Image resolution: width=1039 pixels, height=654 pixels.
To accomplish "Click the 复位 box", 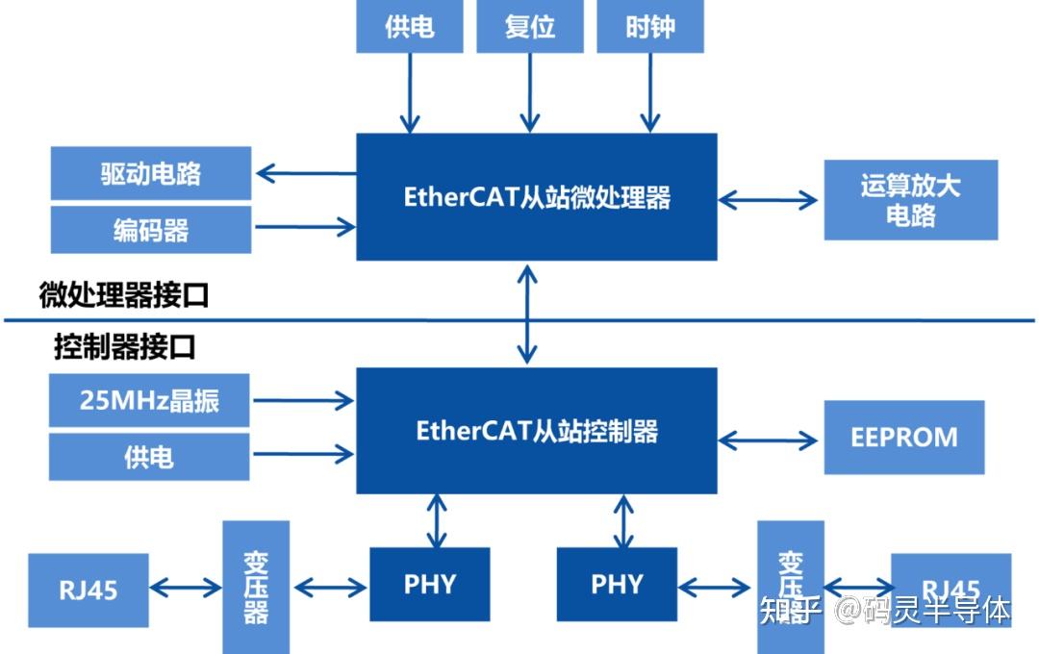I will coord(530,26).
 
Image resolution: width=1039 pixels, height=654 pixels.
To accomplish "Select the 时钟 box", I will coord(650,26).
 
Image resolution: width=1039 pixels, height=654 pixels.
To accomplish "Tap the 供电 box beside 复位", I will coord(410,26).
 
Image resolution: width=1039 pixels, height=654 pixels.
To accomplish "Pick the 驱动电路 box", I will coord(151,174).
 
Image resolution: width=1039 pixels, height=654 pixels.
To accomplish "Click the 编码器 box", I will coord(151,230).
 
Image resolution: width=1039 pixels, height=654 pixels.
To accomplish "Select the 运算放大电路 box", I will coord(910,200).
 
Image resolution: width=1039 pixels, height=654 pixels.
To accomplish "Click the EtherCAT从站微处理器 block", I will coord(537,197).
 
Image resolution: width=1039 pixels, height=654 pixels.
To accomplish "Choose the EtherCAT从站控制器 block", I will coord(537,430).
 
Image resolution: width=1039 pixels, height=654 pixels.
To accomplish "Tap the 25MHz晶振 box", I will coord(149,400).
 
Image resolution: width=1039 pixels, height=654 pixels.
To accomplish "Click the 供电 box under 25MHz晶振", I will coord(149,457).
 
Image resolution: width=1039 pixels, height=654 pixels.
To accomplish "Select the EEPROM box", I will coord(904,438).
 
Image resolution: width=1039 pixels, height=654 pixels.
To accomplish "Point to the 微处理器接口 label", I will coord(124,295).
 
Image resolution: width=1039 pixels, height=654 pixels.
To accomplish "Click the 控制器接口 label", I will coord(124,347).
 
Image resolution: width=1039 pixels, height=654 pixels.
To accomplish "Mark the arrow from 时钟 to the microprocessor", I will coord(650,92).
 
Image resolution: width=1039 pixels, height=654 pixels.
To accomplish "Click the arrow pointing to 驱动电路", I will coord(305,174).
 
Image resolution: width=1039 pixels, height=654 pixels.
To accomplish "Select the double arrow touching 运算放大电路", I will coord(769,200).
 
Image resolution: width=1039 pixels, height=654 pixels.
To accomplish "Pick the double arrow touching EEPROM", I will coord(769,440).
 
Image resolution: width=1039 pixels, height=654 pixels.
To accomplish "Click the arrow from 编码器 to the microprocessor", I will coord(305,227).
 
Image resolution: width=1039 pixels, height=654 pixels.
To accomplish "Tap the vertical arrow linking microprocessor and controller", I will coord(527,314).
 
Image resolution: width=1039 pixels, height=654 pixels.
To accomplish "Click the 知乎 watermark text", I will coord(789,610).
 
